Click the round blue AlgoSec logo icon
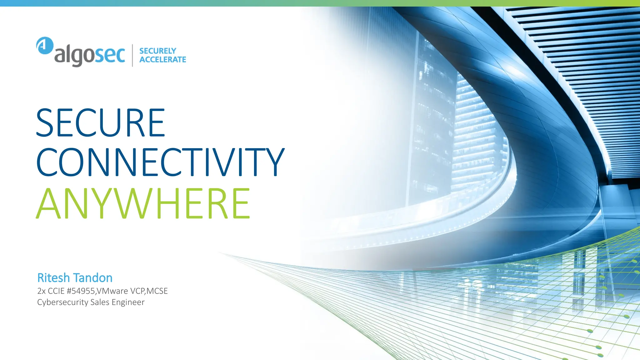(45, 46)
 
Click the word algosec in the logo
(90, 56)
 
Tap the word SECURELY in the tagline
(157, 51)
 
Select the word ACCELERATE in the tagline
(162, 59)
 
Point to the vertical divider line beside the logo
(132, 55)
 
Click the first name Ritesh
(53, 278)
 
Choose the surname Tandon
(93, 278)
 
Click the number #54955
(81, 291)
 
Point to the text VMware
(112, 291)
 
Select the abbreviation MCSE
(157, 291)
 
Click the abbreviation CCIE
(56, 291)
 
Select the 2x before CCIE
(41, 291)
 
